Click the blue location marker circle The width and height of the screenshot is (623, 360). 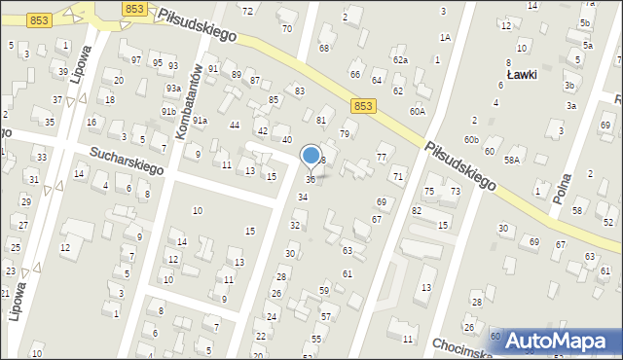tap(311, 155)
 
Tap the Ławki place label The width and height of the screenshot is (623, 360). tap(524, 75)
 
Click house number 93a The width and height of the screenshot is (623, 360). tap(172, 89)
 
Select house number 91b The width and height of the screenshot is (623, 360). tap(167, 112)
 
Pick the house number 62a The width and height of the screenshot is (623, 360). tap(400, 60)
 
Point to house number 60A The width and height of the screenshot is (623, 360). tap(417, 112)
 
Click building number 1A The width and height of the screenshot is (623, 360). tap(445, 37)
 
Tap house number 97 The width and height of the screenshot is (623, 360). tap(135, 60)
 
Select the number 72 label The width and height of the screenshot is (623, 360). tap(247, 11)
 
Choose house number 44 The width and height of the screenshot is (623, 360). tap(234, 126)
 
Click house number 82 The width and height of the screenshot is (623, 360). tap(417, 211)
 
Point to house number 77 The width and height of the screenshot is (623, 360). tap(382, 158)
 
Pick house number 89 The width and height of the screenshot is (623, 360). tap(237, 75)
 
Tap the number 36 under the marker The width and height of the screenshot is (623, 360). tap(311, 180)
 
